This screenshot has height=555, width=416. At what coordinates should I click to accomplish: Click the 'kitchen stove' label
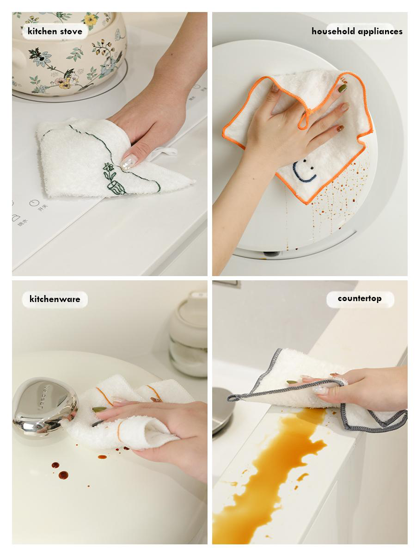(x=55, y=31)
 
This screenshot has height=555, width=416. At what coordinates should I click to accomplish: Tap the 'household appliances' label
(x=357, y=31)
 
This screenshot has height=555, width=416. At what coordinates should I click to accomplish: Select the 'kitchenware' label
(x=55, y=299)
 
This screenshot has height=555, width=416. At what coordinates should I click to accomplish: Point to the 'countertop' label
(x=360, y=298)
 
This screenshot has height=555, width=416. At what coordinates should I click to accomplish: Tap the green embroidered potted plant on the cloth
(x=113, y=179)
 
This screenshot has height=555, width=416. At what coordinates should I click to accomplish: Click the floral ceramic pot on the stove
(x=69, y=51)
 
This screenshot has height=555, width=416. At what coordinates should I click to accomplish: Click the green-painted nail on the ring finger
(x=342, y=88)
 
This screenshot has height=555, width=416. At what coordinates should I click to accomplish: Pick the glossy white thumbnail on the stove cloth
(x=128, y=161)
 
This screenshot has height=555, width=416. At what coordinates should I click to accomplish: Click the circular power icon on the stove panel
(x=33, y=203)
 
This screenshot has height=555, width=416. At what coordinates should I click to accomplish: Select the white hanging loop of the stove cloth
(x=166, y=152)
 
